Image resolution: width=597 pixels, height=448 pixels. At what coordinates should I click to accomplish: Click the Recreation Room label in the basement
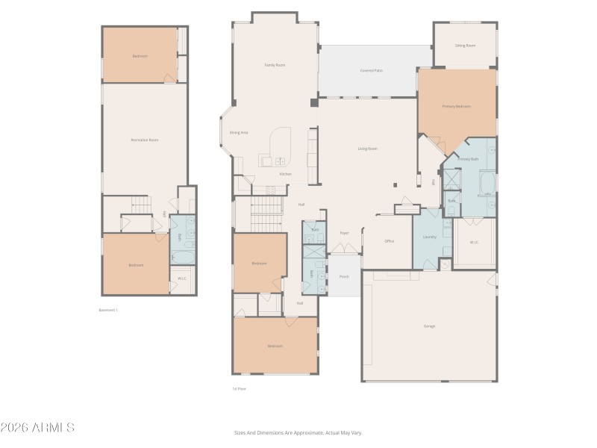coord(144,140)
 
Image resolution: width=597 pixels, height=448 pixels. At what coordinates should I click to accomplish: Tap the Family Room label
coord(275,65)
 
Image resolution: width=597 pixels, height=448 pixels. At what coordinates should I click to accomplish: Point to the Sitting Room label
coord(465,46)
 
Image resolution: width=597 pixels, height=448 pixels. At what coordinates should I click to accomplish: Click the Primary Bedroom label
coord(457,107)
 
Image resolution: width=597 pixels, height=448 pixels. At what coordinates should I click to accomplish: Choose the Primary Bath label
coord(468,159)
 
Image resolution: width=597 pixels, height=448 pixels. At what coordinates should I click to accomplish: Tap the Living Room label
coord(367,149)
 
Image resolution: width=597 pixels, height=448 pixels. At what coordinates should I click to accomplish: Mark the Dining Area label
coord(239,132)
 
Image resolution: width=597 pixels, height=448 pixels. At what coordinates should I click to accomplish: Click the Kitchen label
coord(286,174)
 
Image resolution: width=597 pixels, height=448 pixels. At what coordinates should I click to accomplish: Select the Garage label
coord(429,326)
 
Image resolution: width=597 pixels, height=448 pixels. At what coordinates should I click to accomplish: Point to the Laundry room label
coord(429,237)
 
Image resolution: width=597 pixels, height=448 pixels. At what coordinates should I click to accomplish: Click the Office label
coord(389,241)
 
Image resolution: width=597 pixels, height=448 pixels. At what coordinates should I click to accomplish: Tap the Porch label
coord(344,276)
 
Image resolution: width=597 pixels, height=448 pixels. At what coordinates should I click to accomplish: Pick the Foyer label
coord(344,233)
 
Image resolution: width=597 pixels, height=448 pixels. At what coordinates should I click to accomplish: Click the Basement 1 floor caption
coord(109,310)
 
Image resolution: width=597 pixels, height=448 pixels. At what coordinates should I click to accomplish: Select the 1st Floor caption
coord(239,388)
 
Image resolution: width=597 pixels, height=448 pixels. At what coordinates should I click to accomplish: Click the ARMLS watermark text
coord(37,428)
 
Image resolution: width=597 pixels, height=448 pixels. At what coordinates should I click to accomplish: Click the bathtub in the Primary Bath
coord(486,182)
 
